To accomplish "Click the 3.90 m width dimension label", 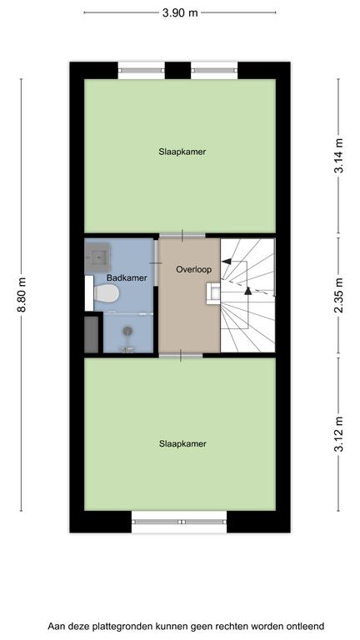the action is pos(180,12).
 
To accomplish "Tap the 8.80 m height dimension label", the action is pos(21,295).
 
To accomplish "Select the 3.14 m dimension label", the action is pos(338,156).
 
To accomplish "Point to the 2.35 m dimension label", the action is pos(338,296).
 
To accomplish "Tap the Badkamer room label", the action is pos(127,278).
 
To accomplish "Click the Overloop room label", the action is pos(194,270).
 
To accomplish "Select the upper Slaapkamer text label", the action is pos(182,152).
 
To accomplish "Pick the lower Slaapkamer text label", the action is pos(182,443).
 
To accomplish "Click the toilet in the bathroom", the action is pos(106,293).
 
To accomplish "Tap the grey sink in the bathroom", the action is pos(97,257).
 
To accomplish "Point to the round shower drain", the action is pos(128,331).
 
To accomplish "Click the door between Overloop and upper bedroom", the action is pos(182,236).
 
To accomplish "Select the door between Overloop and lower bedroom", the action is pos(181,356).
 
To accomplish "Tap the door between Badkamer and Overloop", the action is pos(156,263).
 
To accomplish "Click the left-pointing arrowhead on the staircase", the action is pos(226,261).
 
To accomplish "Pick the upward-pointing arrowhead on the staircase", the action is pos(247,291).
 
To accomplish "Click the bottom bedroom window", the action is pos(179,522).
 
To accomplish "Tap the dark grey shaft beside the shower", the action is pos(92,334).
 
